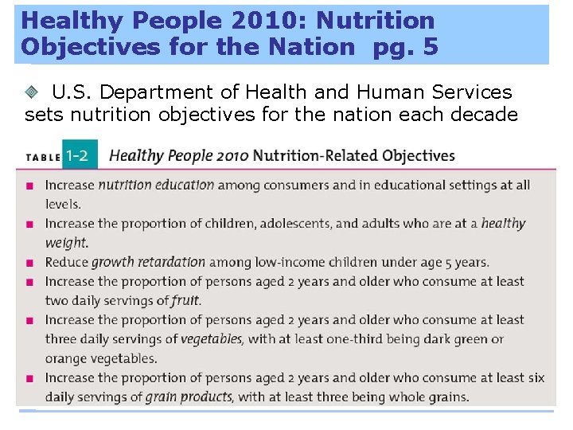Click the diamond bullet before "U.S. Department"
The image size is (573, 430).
[x=33, y=93]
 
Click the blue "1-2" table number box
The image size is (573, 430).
[x=78, y=155]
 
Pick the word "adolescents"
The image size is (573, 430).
[x=291, y=224]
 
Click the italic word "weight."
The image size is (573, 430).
[x=67, y=243]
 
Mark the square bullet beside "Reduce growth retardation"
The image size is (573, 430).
[x=29, y=263]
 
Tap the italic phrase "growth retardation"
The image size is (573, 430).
[x=149, y=262]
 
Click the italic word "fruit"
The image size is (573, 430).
[x=185, y=301]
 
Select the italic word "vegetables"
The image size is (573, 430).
[x=210, y=339]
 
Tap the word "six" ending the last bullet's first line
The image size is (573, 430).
[x=536, y=377]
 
